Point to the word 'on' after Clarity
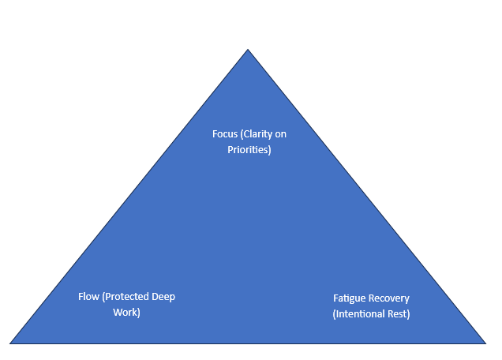coord(280,134)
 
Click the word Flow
coord(88,297)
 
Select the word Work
coord(124,312)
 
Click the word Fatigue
coord(350,299)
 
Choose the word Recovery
coord(389,299)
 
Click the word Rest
coord(399,314)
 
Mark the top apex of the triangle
coord(248,51)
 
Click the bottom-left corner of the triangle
coord(11,343)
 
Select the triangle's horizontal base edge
coord(248,343)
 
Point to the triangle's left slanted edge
coord(129,197)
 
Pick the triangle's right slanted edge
coord(366,197)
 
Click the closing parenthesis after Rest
coord(409,314)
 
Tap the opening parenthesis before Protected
coord(103,297)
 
